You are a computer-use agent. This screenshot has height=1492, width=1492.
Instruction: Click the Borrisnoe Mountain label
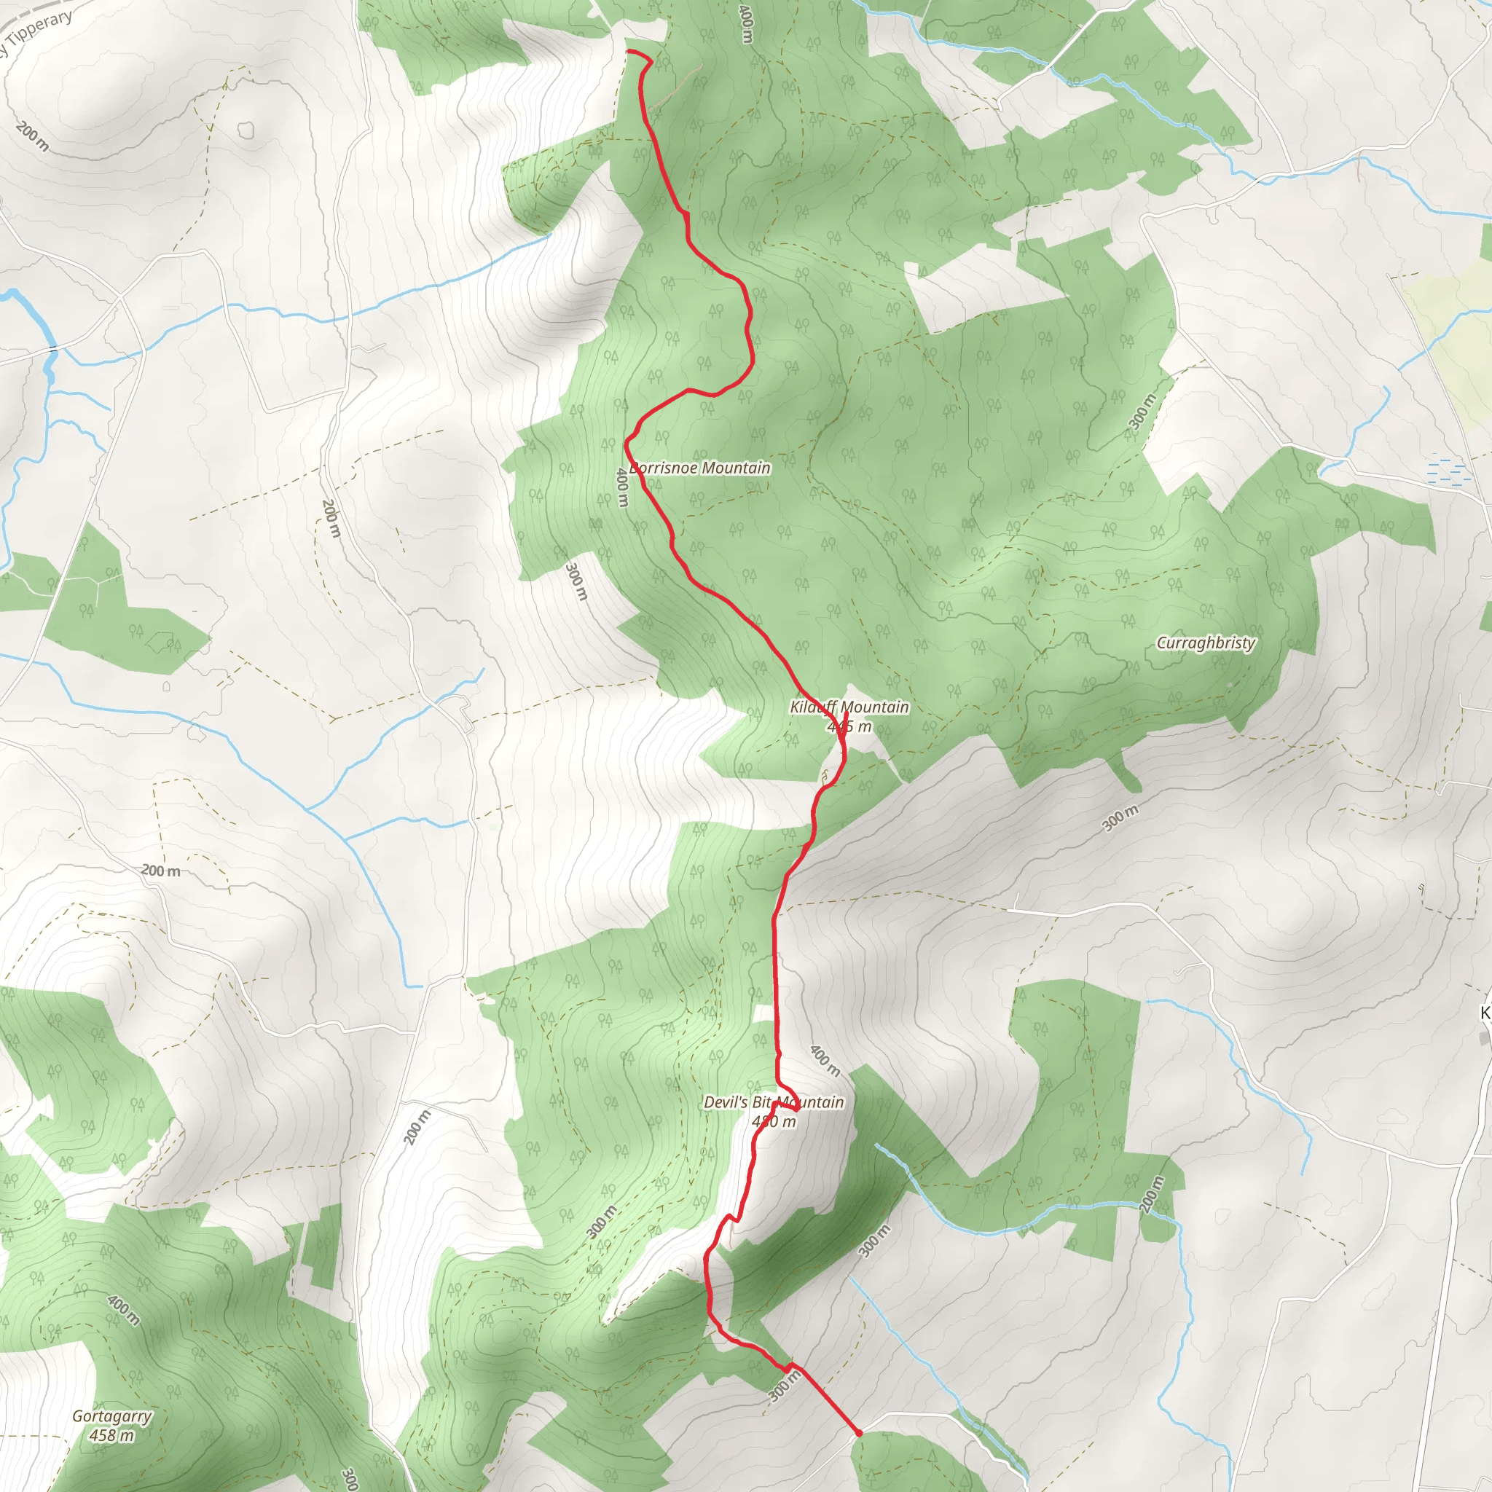coord(699,468)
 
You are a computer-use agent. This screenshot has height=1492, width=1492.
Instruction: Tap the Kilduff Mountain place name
coord(849,707)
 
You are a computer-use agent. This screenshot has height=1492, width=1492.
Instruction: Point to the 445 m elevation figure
coord(849,726)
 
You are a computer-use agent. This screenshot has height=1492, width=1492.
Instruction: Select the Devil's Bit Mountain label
coord(773,1102)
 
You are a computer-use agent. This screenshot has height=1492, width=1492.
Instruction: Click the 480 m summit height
coord(773,1121)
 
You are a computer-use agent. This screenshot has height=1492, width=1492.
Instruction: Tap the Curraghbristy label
coord(1206,643)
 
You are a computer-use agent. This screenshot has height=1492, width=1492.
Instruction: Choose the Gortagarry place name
coord(112,1416)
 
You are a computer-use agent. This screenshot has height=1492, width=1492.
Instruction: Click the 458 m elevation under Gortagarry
coord(112,1436)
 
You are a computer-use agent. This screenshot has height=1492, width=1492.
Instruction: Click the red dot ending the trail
coord(859,1433)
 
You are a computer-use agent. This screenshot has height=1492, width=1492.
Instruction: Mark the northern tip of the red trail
coord(629,51)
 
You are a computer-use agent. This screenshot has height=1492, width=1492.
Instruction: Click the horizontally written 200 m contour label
coord(160,871)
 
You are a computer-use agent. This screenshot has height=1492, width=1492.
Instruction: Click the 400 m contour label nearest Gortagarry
coord(124,1311)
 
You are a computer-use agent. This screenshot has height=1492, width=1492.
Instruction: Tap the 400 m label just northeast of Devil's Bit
coord(825,1061)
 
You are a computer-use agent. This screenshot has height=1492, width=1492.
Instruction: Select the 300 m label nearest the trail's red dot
coord(784,1386)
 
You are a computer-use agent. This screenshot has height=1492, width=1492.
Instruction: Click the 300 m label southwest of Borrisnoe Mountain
coord(577,582)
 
